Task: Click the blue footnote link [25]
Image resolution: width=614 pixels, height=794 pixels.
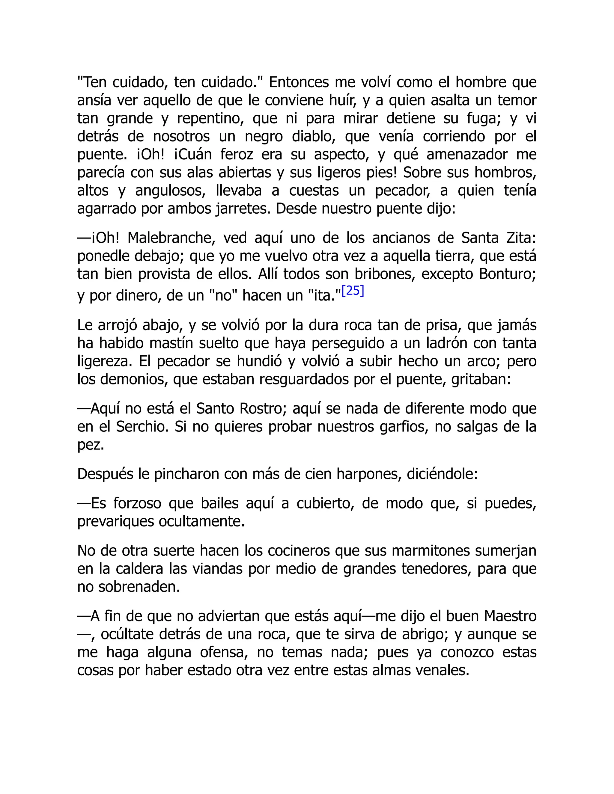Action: click(x=353, y=291)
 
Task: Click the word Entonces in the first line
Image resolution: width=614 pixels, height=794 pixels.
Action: click(x=299, y=82)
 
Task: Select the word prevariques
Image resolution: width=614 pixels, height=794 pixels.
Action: click(x=115, y=522)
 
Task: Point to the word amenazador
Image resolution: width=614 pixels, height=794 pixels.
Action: click(x=467, y=155)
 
